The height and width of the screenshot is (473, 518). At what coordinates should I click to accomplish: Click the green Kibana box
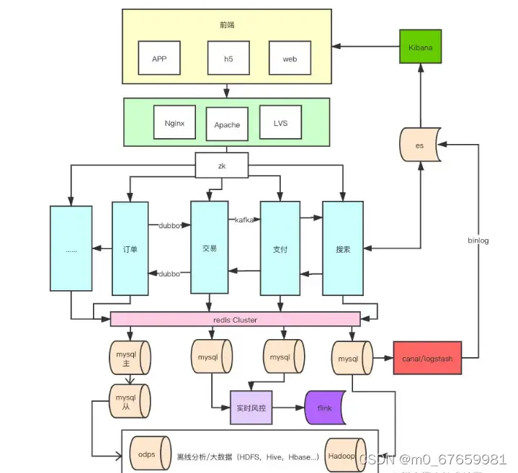tap(420, 47)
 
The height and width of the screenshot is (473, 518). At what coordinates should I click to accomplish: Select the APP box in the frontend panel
tap(159, 59)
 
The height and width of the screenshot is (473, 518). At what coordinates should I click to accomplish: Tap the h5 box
tap(228, 59)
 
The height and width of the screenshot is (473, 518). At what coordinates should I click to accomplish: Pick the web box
tap(290, 59)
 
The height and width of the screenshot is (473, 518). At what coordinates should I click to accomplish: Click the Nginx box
tap(174, 123)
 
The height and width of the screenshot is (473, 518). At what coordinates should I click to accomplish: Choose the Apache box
tap(227, 125)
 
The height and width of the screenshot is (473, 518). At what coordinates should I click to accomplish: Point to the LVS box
tap(280, 123)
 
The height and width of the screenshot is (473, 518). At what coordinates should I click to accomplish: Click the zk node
tap(222, 165)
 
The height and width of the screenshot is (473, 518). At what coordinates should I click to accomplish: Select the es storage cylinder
tap(419, 145)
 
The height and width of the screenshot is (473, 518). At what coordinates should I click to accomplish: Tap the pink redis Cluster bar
tap(235, 319)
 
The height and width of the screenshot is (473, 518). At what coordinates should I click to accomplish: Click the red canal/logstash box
tap(427, 357)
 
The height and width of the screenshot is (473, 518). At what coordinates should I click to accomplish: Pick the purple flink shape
tap(325, 407)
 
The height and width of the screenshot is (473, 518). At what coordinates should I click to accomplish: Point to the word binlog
tap(478, 240)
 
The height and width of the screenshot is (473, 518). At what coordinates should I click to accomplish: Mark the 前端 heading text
tap(227, 25)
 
